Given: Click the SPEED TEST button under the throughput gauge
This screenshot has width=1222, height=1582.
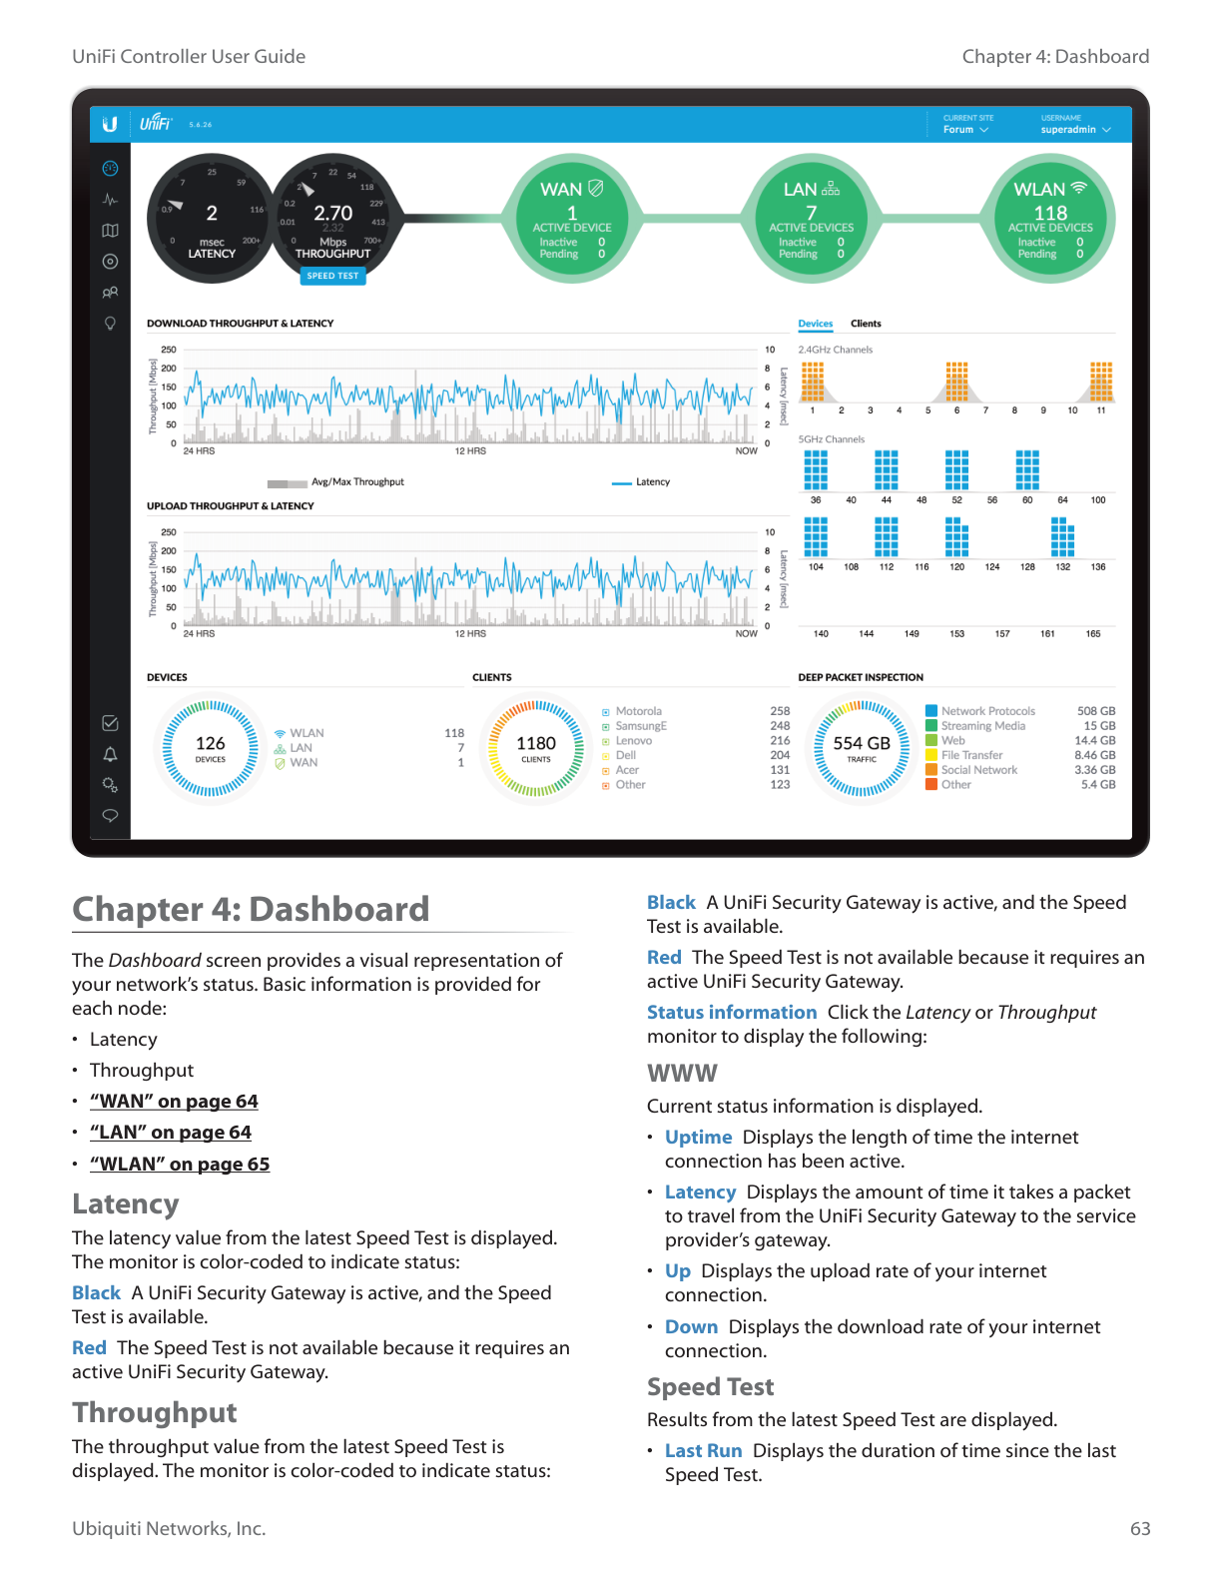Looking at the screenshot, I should click(332, 276).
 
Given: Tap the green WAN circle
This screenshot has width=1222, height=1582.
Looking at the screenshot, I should click(571, 219).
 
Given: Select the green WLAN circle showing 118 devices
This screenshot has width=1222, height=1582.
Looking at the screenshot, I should click(1050, 219).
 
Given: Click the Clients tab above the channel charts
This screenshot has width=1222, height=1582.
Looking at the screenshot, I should click(866, 324).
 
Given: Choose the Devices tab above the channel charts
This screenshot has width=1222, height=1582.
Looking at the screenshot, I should click(815, 324).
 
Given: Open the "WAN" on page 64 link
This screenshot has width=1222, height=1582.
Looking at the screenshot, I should click(174, 1101).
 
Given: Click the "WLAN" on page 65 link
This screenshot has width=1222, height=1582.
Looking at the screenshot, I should click(180, 1164).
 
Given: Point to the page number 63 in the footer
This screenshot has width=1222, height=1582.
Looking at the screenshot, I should click(1140, 1528).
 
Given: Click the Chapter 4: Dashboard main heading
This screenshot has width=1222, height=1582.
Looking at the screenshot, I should click(251, 909).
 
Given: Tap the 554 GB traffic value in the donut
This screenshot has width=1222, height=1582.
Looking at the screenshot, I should click(862, 744).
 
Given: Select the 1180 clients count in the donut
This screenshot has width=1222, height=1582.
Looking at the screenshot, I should click(536, 744).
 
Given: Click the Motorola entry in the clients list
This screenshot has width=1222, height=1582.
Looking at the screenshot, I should click(638, 711).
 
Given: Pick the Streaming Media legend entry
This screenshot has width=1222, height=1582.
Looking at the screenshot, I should click(982, 726).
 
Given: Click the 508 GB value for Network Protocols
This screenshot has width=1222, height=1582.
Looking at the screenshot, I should click(1095, 711).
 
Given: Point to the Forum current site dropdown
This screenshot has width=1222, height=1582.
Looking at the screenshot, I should click(965, 130).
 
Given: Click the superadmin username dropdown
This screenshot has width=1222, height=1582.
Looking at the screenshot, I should click(1075, 130).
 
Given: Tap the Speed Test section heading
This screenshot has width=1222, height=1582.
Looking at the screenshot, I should click(710, 1386).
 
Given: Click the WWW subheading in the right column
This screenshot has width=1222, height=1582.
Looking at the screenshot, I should click(682, 1073).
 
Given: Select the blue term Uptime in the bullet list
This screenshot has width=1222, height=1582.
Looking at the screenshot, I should click(698, 1137).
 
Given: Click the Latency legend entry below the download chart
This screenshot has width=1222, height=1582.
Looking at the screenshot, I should click(652, 482).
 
